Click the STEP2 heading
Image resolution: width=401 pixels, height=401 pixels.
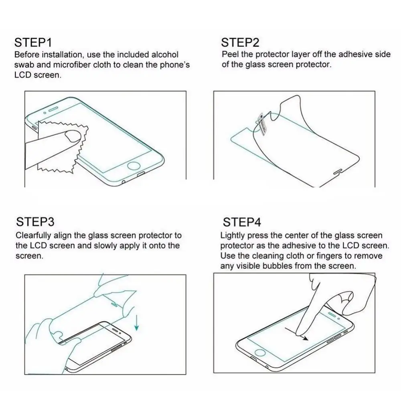click(x=240, y=43)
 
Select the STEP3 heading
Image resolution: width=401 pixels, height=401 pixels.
click(x=35, y=222)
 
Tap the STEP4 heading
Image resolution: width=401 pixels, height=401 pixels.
click(x=242, y=222)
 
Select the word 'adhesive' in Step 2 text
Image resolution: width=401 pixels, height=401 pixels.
click(x=352, y=55)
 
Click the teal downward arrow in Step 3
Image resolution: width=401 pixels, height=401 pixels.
click(x=137, y=322)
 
